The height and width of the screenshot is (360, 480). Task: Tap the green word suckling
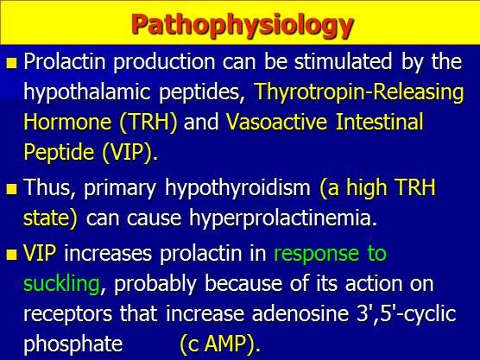click(63, 285)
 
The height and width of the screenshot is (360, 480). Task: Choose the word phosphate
click(73, 344)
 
